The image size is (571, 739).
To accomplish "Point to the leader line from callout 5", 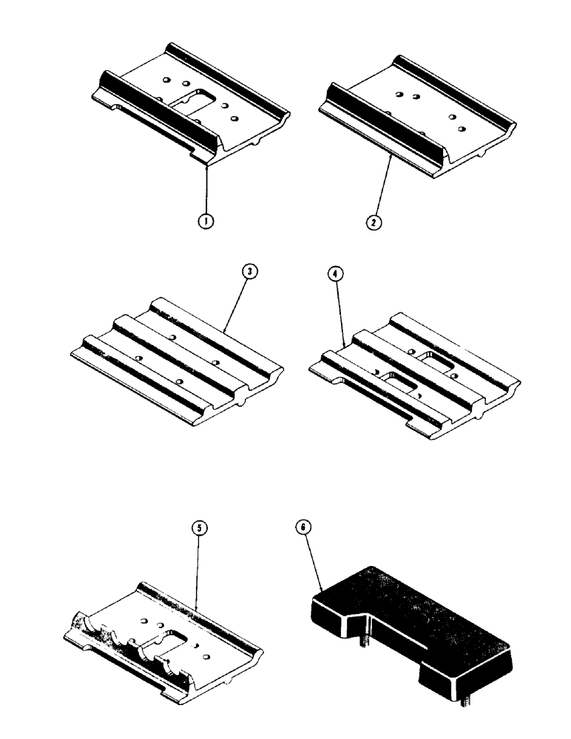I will (197, 565).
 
